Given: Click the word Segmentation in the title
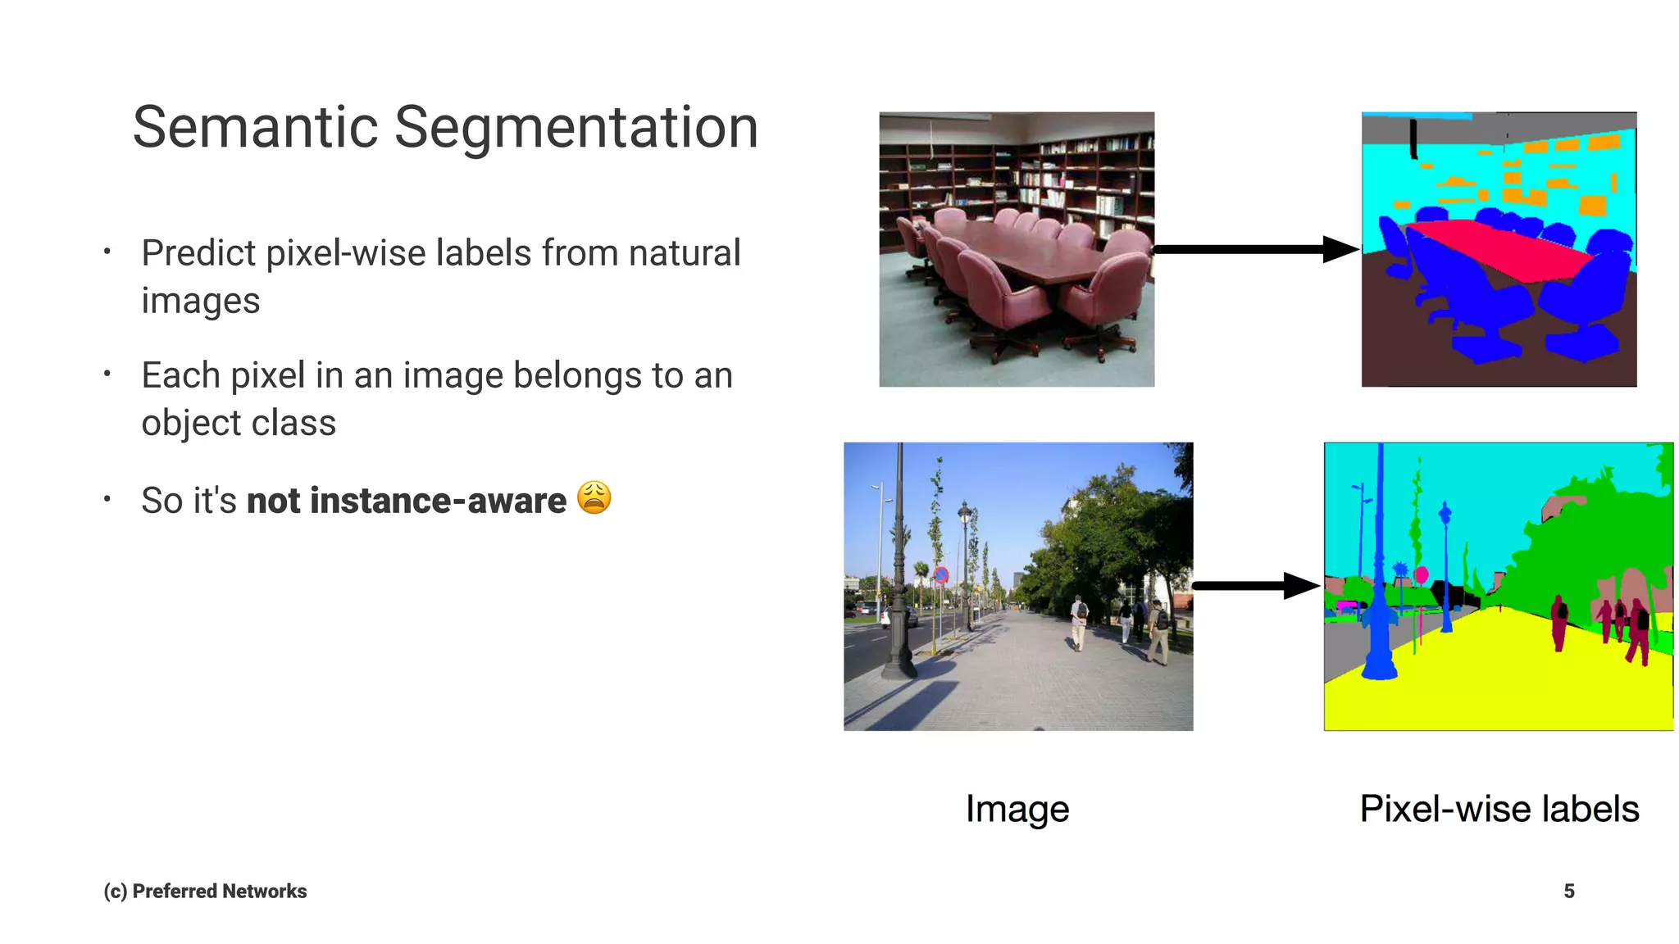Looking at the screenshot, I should (x=576, y=128).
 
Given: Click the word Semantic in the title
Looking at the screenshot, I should (x=255, y=128).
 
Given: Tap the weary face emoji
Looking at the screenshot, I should (x=594, y=497).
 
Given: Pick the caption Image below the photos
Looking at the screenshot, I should (x=1017, y=809).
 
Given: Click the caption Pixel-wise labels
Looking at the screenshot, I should (x=1499, y=809).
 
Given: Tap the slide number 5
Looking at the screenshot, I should (x=1568, y=891).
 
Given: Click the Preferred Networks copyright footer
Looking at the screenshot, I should (x=205, y=891).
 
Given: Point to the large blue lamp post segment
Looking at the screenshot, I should (x=1380, y=606).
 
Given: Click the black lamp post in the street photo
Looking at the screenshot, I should (x=899, y=590).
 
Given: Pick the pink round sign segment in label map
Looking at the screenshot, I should (x=1422, y=575).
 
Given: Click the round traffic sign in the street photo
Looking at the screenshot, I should (x=941, y=575).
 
